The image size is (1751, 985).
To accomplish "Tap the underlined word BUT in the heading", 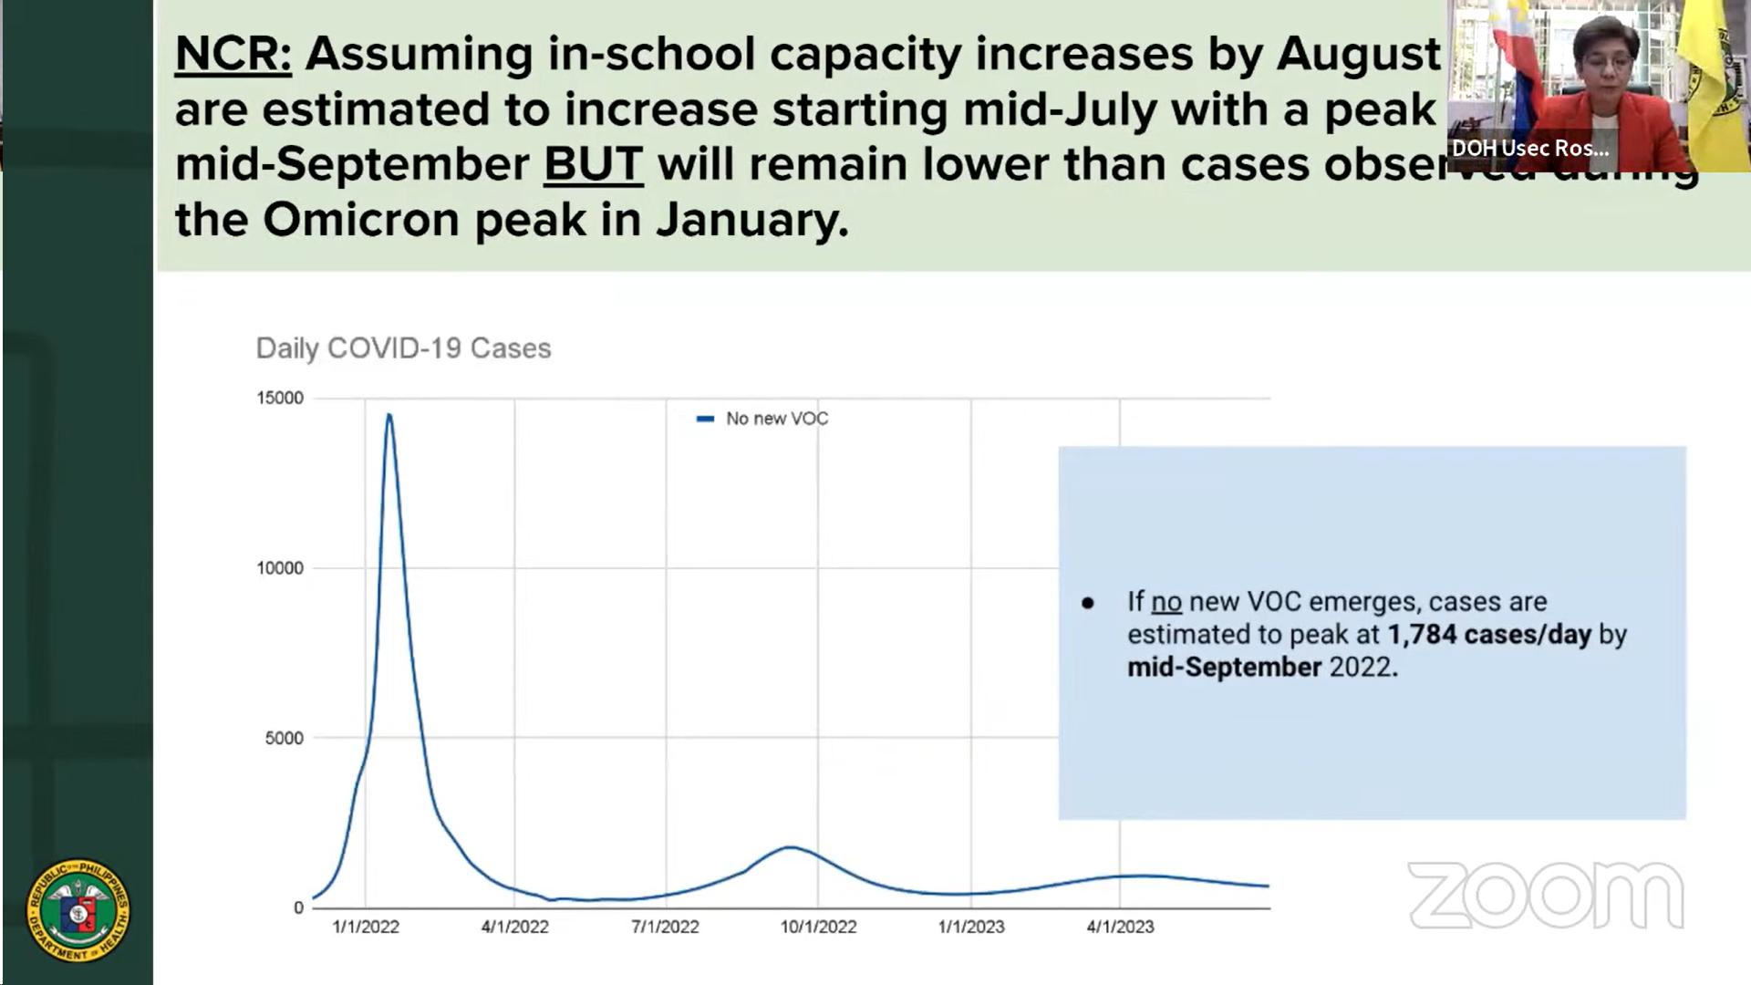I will pos(593,165).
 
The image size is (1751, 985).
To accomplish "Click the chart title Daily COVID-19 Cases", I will pos(403,348).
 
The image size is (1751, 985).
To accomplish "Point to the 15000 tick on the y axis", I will pos(280,399).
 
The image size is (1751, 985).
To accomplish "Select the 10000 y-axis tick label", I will pos(280,568).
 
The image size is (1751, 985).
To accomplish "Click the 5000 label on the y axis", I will pos(284,738).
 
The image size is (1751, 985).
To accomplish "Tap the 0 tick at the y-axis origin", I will pos(298,907).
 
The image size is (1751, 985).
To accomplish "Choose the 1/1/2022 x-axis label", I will pos(366,927).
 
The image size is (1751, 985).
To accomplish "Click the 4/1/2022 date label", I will pos(515,927).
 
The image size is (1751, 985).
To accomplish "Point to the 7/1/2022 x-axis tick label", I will pos(665,927).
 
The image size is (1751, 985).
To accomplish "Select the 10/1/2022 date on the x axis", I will pos(818,927).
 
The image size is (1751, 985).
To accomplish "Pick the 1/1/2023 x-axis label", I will pos(971,927).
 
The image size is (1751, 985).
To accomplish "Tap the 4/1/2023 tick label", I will pos(1120,927).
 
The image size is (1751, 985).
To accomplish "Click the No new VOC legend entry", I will pos(776,419).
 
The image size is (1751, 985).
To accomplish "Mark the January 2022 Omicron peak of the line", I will pos(389,416).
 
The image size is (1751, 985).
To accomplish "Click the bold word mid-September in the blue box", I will pos(1224,668).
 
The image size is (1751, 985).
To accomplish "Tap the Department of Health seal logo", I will pos(78,910).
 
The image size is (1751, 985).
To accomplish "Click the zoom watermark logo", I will pos(1546,896).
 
